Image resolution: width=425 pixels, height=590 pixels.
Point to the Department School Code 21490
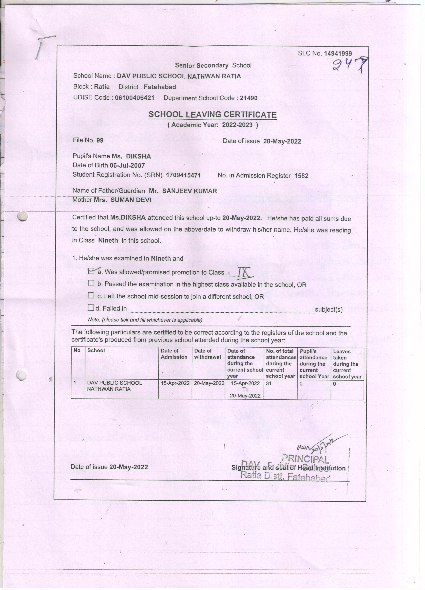click(248, 98)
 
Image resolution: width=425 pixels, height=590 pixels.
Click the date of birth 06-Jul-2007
click(127, 165)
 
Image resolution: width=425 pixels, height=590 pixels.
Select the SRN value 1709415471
click(183, 175)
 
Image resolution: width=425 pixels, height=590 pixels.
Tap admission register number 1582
click(301, 176)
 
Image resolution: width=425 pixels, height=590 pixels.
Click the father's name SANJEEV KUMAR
click(189, 191)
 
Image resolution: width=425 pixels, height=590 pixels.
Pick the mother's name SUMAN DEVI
click(131, 200)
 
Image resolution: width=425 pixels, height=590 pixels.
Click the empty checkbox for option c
click(91, 295)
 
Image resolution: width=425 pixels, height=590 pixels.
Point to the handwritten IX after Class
click(244, 272)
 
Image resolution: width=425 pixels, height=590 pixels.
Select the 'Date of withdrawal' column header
click(207, 354)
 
